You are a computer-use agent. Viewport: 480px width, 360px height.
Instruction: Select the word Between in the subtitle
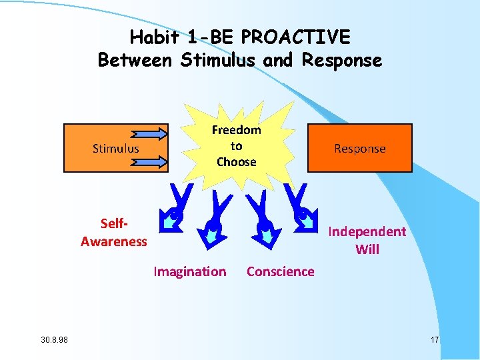pos(135,60)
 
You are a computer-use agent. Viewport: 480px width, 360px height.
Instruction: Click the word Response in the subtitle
pos(342,60)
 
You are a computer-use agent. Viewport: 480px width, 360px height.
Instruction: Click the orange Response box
pos(360,148)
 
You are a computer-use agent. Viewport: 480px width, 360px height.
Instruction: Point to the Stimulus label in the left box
pos(116,148)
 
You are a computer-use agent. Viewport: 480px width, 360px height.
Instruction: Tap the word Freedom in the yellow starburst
pos(237,130)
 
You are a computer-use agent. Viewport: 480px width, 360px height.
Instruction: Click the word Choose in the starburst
pos(237,161)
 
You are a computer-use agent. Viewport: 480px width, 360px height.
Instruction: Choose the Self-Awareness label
pos(113,233)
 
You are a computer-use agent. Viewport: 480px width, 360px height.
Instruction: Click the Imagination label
pos(190,271)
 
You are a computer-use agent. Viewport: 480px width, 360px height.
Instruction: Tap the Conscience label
pos(281,271)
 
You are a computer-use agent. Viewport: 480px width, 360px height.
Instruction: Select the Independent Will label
pos(367,240)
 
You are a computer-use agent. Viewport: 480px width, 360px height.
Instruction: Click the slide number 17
pos(435,341)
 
